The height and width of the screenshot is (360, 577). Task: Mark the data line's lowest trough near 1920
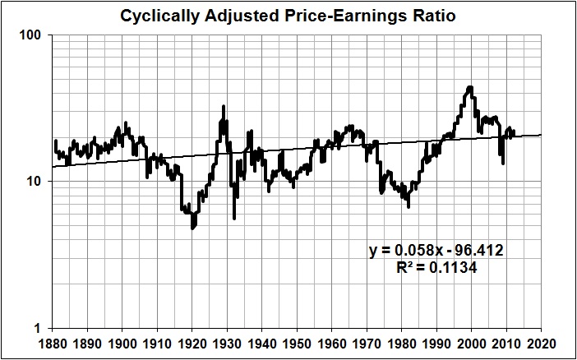coord(193,228)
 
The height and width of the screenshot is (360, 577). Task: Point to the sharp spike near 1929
coord(224,106)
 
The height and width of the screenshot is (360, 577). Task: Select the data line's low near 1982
coord(409,206)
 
